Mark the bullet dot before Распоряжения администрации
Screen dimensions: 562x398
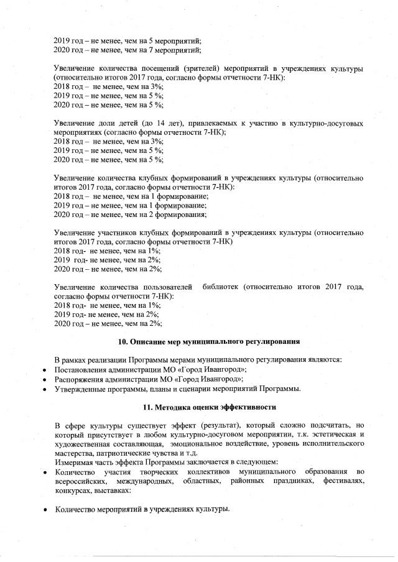pos(45,379)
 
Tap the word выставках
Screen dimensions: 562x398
pos(111,491)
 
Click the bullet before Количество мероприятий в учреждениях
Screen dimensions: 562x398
pos(45,510)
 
